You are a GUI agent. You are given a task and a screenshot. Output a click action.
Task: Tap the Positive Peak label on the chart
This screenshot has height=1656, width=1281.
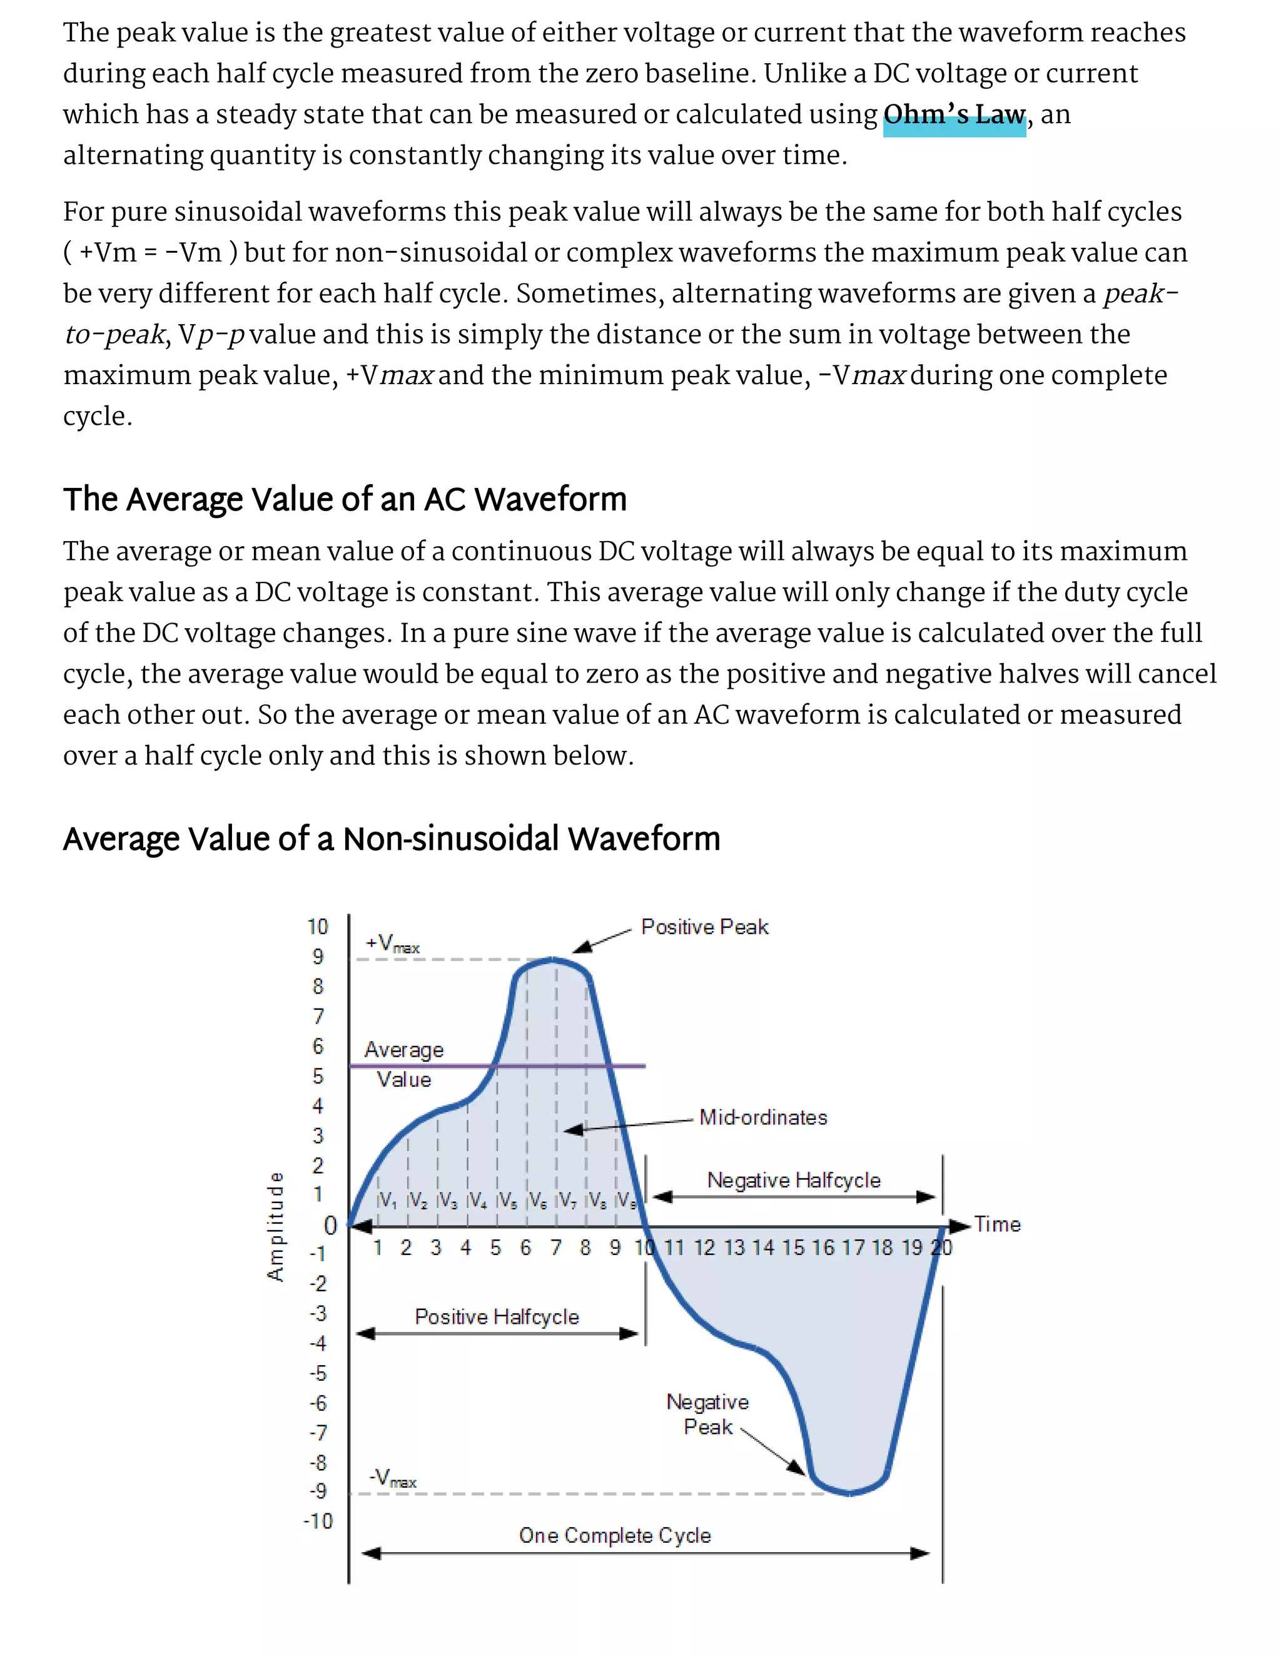[x=704, y=927]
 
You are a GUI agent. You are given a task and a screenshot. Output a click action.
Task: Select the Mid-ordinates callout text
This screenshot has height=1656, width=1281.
[x=762, y=1117]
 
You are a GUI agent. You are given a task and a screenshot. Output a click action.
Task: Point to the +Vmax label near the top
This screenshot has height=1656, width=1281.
[x=392, y=944]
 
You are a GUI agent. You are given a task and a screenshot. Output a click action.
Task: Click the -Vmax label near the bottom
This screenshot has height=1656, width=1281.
[x=392, y=1478]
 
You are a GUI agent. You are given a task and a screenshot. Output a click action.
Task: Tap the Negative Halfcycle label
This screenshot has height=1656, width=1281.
[x=794, y=1181]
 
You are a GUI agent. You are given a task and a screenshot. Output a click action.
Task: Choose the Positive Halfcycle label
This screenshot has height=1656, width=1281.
[x=497, y=1317]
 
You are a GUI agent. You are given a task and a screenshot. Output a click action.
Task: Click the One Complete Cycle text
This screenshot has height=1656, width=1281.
[x=615, y=1535]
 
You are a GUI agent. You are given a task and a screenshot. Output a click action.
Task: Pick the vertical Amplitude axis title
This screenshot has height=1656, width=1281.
[x=275, y=1227]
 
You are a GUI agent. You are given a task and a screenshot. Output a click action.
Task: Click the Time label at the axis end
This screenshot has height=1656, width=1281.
[x=997, y=1224]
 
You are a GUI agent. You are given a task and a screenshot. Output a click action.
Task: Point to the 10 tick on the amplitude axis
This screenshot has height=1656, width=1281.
[x=318, y=927]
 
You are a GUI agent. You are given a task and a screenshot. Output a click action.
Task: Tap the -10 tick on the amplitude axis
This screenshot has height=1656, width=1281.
[x=318, y=1521]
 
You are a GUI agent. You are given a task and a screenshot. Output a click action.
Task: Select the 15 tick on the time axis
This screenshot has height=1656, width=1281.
[x=793, y=1248]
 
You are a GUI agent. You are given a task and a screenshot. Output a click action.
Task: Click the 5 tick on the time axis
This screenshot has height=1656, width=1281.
[x=495, y=1248]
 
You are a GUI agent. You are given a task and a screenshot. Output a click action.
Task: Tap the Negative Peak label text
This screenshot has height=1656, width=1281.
[x=707, y=1414]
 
